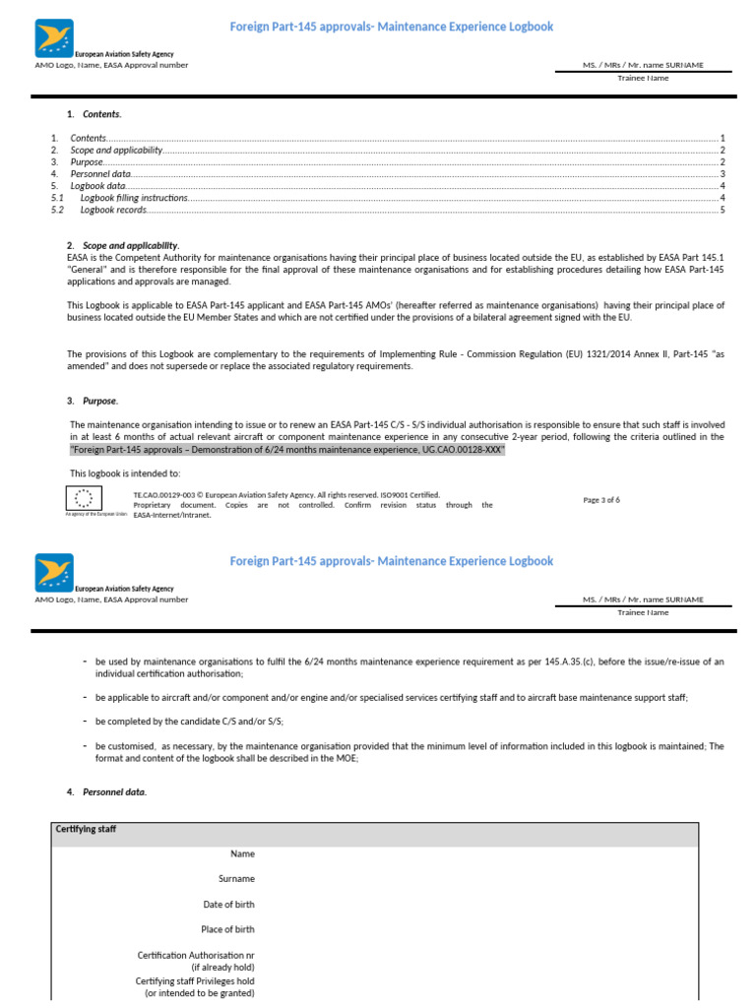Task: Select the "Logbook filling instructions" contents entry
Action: [134, 198]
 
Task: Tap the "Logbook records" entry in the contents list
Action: [113, 210]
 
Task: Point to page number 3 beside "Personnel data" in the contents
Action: [723, 174]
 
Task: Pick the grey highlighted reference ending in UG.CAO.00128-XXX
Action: [286, 449]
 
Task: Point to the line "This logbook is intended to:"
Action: [125, 473]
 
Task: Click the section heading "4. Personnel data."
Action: [113, 791]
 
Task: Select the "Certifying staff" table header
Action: [86, 830]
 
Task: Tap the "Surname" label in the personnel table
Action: [236, 878]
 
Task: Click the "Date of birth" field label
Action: [228, 904]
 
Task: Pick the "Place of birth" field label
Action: [227, 929]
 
